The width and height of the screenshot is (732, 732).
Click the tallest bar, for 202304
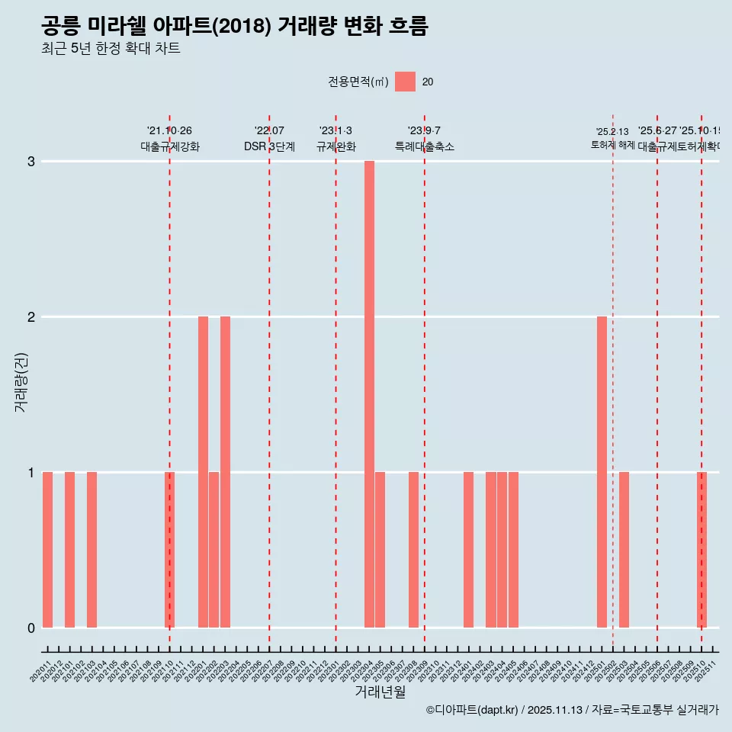tap(369, 394)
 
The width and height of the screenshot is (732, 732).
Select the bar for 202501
tap(602, 472)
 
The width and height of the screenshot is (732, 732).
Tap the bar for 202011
tap(47, 550)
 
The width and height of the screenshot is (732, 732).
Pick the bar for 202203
tap(225, 472)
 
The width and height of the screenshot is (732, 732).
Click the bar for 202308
tap(413, 550)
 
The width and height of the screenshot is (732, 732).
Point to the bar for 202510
tap(701, 550)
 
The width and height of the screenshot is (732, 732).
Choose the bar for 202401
tap(468, 550)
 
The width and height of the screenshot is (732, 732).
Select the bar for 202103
tap(91, 550)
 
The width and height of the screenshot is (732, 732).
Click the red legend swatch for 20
tap(405, 82)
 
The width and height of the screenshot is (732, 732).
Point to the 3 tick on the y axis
tap(31, 162)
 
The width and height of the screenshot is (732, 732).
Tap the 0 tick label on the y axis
tap(31, 628)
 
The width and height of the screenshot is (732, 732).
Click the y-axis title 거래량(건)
tap(21, 381)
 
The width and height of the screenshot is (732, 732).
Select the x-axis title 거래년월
tap(380, 692)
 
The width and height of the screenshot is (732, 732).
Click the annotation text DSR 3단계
tap(269, 146)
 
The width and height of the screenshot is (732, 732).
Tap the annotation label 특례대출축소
tap(424, 146)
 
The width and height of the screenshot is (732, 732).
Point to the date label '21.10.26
tap(169, 131)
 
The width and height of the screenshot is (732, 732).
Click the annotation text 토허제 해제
tap(613, 145)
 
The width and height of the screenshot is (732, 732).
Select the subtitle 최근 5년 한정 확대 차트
tap(111, 49)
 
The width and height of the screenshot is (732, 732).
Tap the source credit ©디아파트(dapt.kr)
tap(471, 711)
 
